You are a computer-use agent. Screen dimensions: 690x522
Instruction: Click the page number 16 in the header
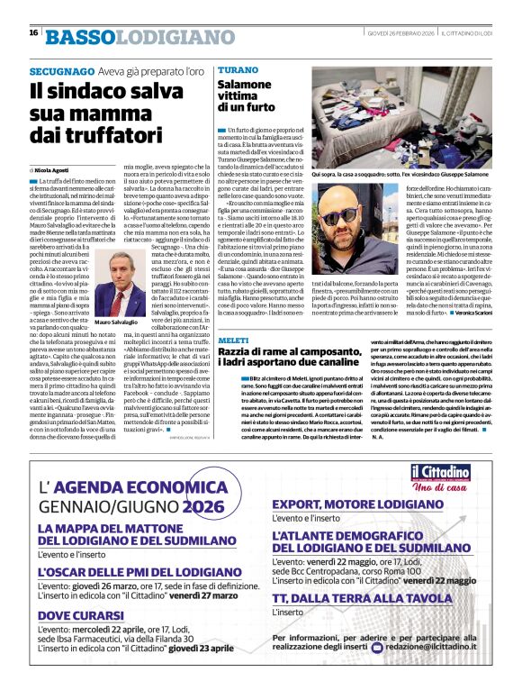point(33,33)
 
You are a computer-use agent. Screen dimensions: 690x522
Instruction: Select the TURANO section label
point(237,69)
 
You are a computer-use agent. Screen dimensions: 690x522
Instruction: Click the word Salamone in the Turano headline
point(238,84)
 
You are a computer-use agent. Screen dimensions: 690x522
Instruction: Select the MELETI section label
point(232,337)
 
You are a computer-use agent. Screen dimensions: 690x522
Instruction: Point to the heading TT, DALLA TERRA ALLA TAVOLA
point(360,598)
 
